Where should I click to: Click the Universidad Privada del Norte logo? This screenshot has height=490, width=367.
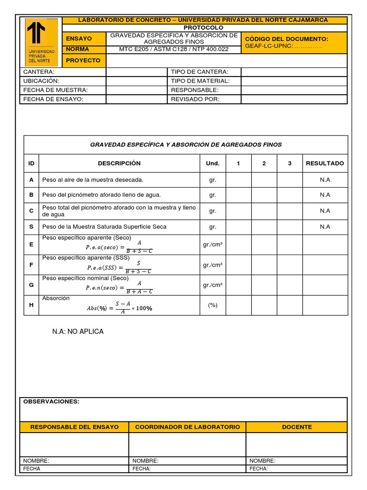point(41,42)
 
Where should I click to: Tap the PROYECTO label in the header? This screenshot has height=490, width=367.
point(84,61)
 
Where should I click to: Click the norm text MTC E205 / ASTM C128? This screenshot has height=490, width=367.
point(174,49)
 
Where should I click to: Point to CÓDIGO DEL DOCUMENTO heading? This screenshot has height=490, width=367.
point(286,39)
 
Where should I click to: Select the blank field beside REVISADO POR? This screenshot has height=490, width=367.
point(294,99)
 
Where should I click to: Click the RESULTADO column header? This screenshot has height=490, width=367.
point(325,163)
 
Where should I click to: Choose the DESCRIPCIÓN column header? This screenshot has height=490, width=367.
point(119,163)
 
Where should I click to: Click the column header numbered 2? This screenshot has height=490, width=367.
point(264,163)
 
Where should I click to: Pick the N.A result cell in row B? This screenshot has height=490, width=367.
point(325,195)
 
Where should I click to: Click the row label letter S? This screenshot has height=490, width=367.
point(32,226)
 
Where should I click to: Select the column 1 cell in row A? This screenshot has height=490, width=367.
point(238,179)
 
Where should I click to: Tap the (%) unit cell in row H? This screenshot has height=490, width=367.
point(213,305)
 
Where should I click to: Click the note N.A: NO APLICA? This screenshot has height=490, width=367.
point(77,332)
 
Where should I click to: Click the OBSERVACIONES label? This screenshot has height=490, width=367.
point(52,401)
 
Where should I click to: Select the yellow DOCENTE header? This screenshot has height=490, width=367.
point(297,427)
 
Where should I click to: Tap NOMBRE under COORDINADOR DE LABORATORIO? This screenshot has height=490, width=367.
point(146,461)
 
